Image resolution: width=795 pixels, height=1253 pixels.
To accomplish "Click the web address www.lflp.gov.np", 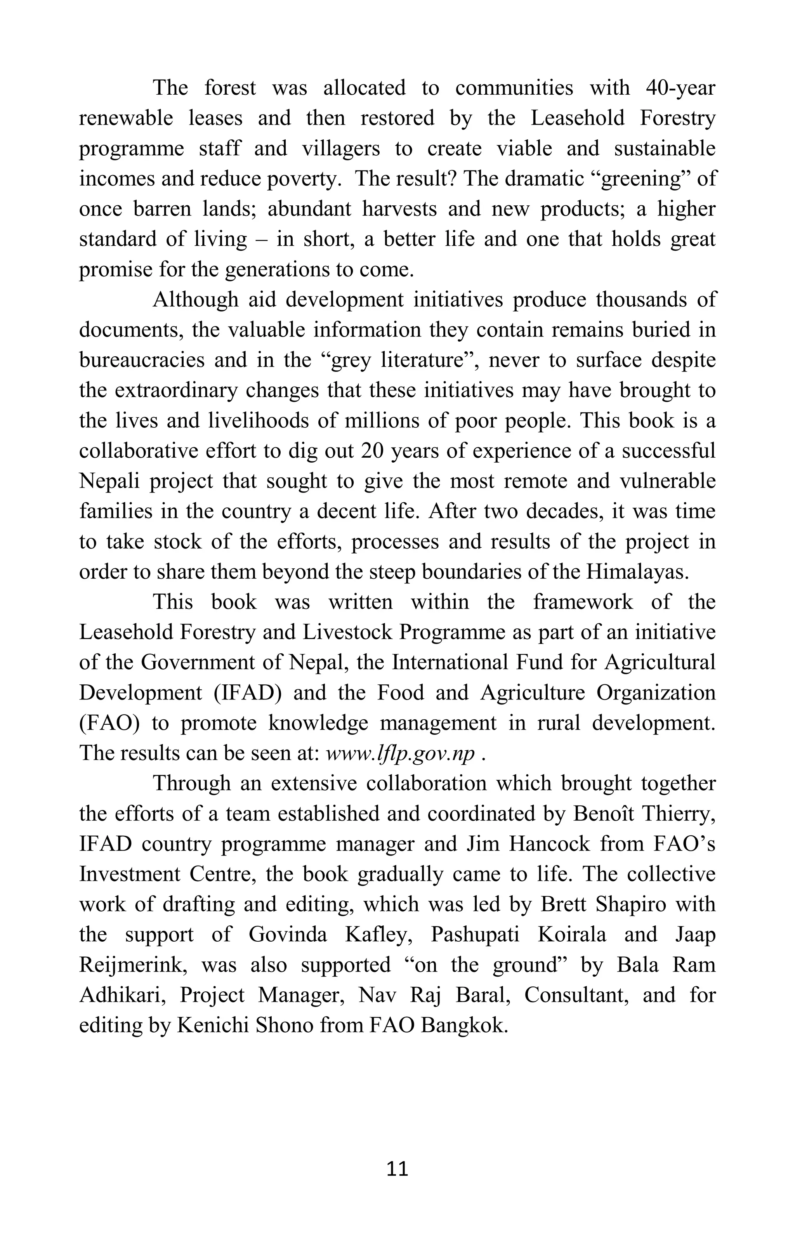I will [x=399, y=753].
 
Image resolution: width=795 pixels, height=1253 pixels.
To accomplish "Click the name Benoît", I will [x=604, y=814].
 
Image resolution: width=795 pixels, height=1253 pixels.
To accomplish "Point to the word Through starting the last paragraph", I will [x=191, y=784].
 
